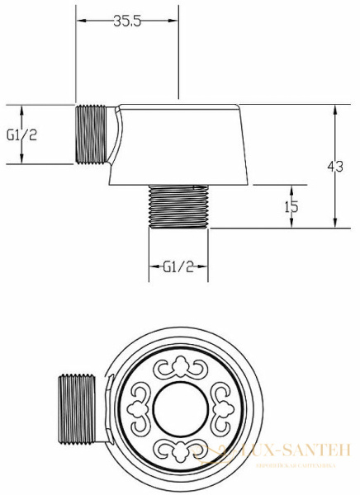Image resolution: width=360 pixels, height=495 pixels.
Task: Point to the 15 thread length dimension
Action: coord(291,207)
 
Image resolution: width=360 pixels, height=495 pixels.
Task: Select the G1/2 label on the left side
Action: coord(21,134)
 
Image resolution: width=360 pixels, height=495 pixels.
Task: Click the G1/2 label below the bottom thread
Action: coord(178,266)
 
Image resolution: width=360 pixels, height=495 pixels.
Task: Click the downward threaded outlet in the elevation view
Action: coord(178,205)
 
